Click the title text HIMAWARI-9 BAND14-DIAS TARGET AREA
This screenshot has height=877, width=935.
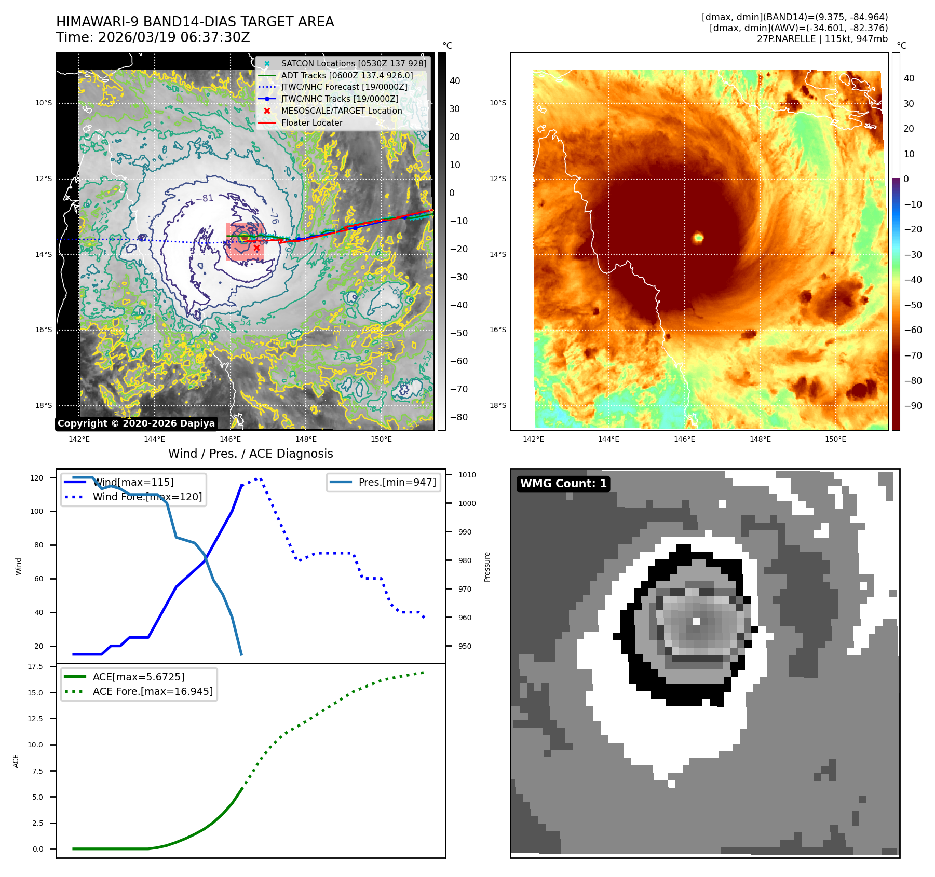point(195,22)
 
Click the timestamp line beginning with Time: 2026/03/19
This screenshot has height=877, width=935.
point(153,37)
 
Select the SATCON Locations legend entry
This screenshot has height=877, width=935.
point(353,63)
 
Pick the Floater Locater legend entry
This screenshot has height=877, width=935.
point(311,122)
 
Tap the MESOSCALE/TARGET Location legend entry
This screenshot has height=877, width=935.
point(341,111)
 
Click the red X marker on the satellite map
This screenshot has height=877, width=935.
point(256,248)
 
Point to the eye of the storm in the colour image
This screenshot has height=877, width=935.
point(698,238)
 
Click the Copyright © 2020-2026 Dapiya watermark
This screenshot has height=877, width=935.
point(136,423)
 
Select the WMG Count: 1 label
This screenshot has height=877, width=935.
point(563,484)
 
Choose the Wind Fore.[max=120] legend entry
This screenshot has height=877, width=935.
point(147,497)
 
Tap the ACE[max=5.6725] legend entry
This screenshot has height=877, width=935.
point(138,677)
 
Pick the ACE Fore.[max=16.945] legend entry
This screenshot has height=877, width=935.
point(153,691)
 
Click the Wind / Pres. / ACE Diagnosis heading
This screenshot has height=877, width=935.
point(250,454)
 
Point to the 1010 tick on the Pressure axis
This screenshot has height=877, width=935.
point(467,475)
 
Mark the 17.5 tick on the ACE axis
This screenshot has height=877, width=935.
point(35,666)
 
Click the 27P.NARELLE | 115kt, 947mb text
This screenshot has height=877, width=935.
point(822,39)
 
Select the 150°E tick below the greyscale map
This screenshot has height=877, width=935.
point(381,439)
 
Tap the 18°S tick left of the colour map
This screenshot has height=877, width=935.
point(497,405)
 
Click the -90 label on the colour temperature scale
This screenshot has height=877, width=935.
point(913,406)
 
